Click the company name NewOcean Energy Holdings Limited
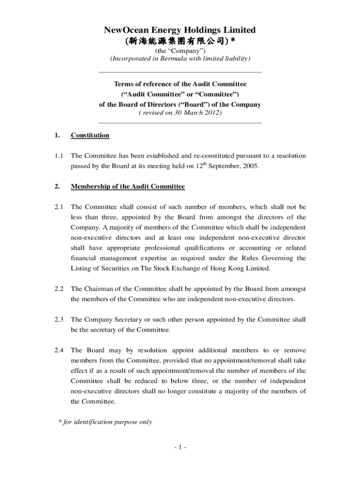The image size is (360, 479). click(180, 30)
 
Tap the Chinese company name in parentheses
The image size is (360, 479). click(180, 41)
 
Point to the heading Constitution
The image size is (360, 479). click(90, 136)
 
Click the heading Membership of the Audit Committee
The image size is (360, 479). click(128, 187)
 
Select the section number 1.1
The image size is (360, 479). click(58, 155)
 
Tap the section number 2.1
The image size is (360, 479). click(58, 207)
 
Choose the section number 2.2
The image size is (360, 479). click(58, 290)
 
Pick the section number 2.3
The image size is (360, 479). click(58, 320)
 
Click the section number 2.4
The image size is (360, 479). click(58, 350)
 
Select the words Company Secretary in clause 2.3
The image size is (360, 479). click(107, 320)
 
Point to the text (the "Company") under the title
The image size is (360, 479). click(180, 51)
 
